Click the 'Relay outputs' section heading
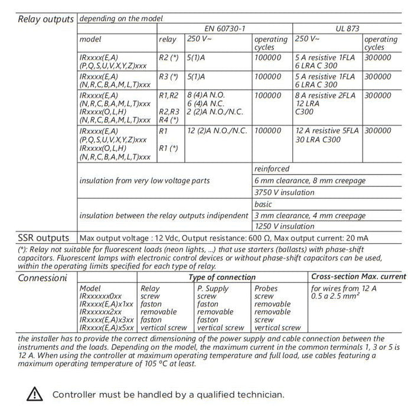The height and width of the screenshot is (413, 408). point(46,19)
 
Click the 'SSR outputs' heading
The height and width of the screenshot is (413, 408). point(44,238)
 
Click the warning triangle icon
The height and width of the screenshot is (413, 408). point(35,394)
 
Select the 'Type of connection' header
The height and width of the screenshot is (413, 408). point(222,277)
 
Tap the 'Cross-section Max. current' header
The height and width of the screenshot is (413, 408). point(358,276)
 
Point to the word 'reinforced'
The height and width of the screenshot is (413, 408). point(272,169)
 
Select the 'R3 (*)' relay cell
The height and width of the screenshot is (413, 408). point(169,77)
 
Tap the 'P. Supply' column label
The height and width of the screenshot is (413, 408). point(213,289)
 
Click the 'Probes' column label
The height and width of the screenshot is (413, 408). point(266,289)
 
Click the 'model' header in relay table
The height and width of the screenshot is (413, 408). point(90,40)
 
